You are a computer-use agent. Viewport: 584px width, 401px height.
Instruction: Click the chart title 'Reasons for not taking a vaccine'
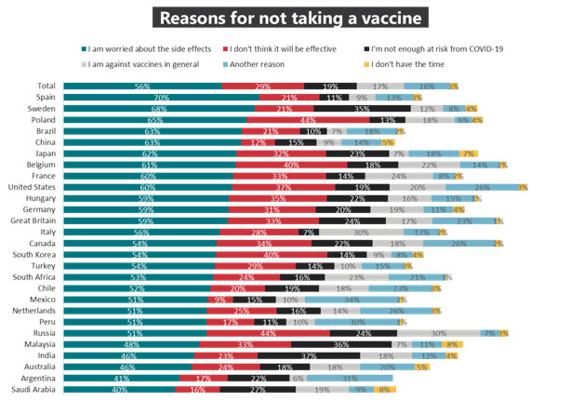coord(291,18)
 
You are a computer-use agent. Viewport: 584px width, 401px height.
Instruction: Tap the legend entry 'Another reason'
coord(265,64)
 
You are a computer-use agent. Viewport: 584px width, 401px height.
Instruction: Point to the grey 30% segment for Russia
coord(439,332)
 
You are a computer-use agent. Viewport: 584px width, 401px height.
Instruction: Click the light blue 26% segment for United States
coord(481,187)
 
